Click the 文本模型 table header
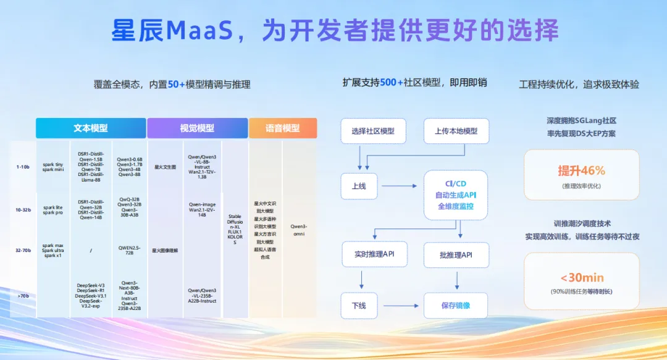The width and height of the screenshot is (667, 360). pos(91,128)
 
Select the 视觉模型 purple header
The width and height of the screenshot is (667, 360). pos(197,128)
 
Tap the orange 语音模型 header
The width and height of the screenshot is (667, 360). pos(283,128)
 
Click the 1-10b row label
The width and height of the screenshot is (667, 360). pos(23,167)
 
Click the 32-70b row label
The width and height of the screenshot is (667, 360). pos(23,250)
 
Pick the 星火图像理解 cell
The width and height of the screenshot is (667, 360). pos(165,250)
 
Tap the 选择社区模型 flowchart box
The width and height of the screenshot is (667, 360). pos(372,131)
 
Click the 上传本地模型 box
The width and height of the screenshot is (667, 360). pos(456,131)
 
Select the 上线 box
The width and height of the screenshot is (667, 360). pos(359,186)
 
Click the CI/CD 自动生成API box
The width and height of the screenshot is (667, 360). pos(456,195)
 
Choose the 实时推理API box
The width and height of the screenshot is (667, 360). pos(374,254)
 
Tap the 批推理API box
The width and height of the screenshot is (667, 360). pos(456,254)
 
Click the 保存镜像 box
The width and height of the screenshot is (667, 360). pos(456,305)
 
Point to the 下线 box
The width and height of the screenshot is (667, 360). pos(359,305)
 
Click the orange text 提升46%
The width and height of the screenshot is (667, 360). pos(581,170)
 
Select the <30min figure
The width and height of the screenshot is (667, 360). pos(582,277)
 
